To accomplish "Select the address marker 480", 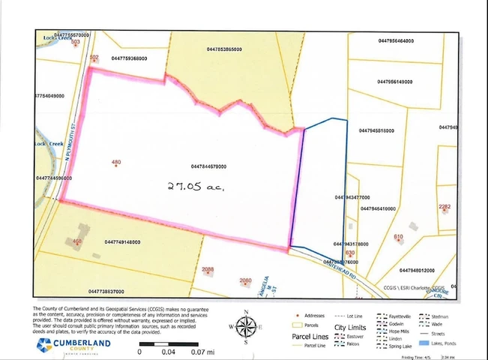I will (x=115, y=163).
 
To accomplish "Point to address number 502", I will (x=94, y=58).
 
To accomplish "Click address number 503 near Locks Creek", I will (x=75, y=43).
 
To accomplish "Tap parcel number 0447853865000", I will (x=224, y=49).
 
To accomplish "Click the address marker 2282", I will (x=445, y=207).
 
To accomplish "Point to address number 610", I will (x=398, y=238).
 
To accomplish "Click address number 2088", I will (x=208, y=269).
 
